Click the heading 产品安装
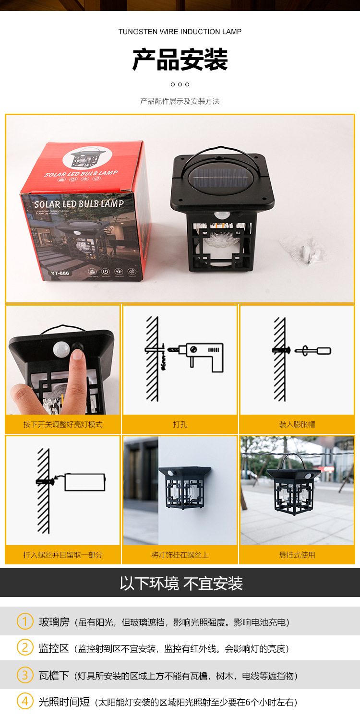pyautogui.click(x=180, y=60)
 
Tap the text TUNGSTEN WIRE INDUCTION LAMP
pyautogui.click(x=180, y=32)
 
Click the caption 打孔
pyautogui.click(x=180, y=425)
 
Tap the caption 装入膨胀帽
pyautogui.click(x=297, y=425)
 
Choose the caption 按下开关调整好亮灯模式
pyautogui.click(x=63, y=425)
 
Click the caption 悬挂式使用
pyautogui.click(x=297, y=555)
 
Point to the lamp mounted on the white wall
pyautogui.click(x=184, y=488)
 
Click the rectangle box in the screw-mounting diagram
pyautogui.click(x=84, y=482)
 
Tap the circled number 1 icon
pyautogui.click(x=25, y=621)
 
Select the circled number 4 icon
pyautogui.click(x=25, y=702)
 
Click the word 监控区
pyautogui.click(x=54, y=648)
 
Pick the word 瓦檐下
pyautogui.click(x=54, y=676)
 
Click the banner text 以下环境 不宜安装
pyautogui.click(x=181, y=584)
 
